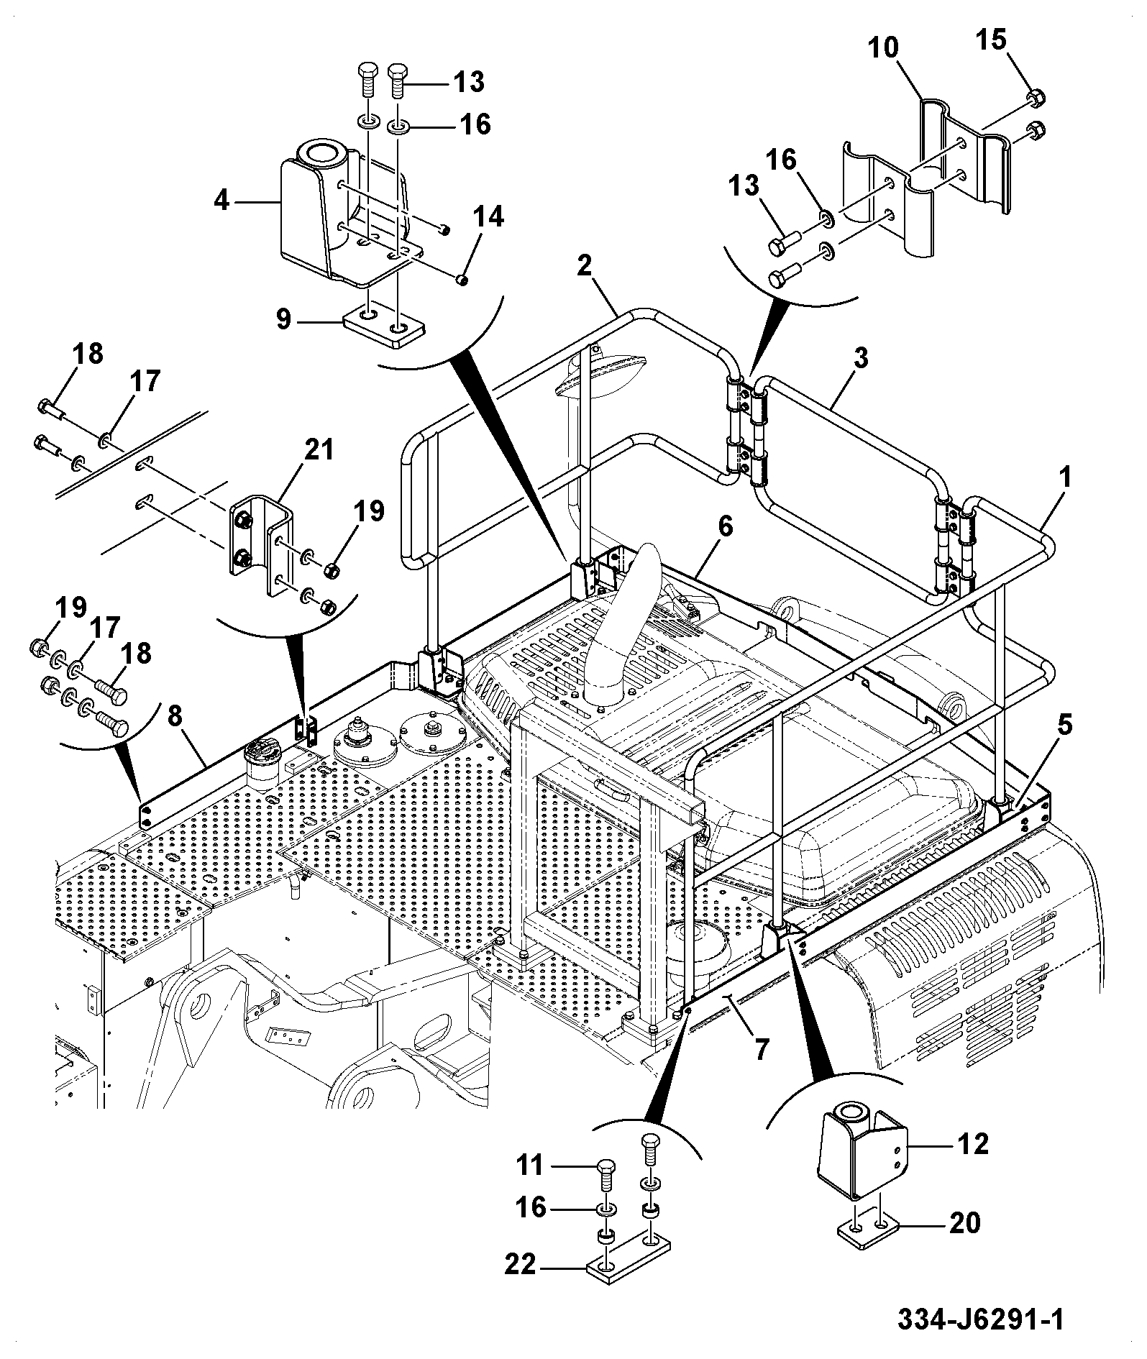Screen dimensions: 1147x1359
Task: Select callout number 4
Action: (221, 201)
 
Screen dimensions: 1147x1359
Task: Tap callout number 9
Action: (284, 319)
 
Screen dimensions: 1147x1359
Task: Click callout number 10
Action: (883, 48)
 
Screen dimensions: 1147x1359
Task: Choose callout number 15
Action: (990, 40)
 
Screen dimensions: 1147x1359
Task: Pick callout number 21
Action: (319, 451)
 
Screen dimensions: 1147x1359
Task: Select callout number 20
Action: (964, 1222)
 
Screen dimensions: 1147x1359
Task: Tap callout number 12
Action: (973, 1143)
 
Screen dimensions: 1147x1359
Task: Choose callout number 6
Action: (725, 526)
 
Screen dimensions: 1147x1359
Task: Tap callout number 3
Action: (860, 358)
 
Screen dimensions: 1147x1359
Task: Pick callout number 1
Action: (1064, 477)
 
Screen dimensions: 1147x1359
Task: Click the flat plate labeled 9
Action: (381, 325)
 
